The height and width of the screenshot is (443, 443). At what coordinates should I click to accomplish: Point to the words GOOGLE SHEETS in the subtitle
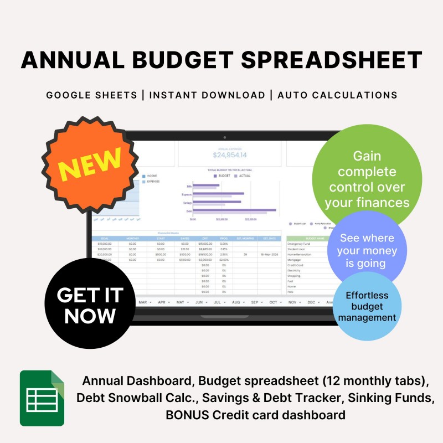(x=91, y=95)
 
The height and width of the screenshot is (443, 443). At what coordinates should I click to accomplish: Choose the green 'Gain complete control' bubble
(x=367, y=179)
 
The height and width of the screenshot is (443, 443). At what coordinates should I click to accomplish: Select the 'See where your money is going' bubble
(x=367, y=250)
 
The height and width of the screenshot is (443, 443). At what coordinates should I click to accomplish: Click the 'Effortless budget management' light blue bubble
(x=367, y=306)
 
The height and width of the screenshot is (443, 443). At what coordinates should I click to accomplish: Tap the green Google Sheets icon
(x=42, y=398)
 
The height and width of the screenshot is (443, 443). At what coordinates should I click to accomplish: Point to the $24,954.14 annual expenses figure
(x=230, y=155)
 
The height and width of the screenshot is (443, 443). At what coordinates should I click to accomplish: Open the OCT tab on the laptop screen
(x=275, y=302)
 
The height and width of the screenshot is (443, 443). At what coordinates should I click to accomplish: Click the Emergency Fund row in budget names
(x=299, y=244)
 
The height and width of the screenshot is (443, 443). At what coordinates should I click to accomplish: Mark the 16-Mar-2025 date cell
(x=269, y=254)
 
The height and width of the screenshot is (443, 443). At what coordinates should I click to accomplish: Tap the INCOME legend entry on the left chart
(x=151, y=176)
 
